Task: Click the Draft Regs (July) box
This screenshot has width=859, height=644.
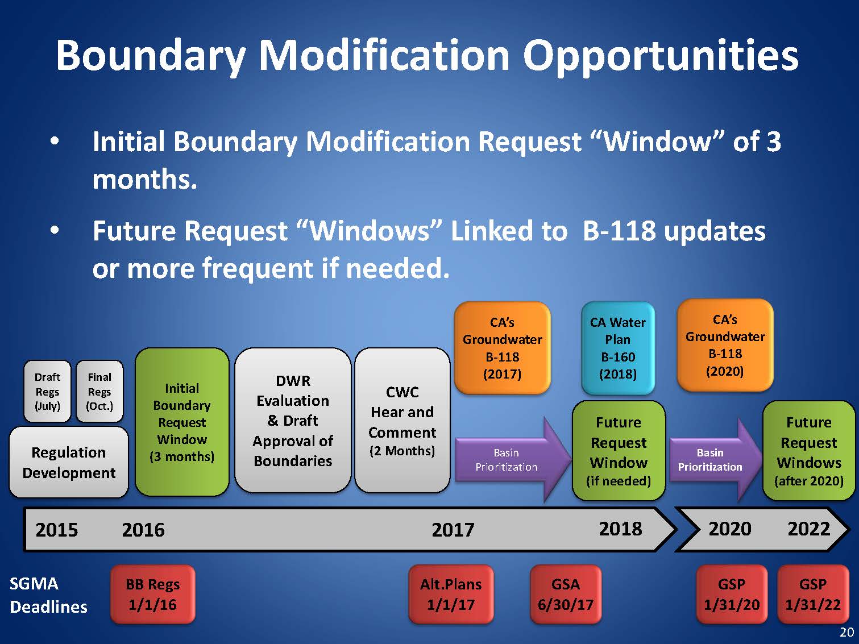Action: [x=47, y=391]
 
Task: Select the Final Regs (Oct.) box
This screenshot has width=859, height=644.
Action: [x=99, y=391]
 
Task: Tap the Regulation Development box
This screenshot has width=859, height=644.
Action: [x=69, y=462]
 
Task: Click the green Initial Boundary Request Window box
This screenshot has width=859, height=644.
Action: [x=182, y=422]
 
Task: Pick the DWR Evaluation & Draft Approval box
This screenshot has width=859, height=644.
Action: [x=293, y=420]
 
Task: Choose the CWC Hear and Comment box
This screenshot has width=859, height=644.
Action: [x=402, y=420]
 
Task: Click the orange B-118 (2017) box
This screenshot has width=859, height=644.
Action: [x=502, y=347]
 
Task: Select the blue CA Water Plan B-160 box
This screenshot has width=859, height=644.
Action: [x=618, y=347]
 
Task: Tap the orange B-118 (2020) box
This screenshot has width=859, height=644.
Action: [x=725, y=345]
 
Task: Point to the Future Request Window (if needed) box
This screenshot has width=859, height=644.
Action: [x=619, y=451]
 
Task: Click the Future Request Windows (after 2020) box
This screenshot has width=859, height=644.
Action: [x=809, y=451]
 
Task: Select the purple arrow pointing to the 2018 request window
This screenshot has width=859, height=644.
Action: [x=513, y=459]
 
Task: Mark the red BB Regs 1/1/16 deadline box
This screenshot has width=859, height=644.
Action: [x=152, y=595]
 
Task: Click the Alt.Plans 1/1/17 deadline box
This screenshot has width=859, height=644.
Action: [x=451, y=595]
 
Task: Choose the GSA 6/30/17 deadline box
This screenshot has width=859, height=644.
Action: [x=566, y=595]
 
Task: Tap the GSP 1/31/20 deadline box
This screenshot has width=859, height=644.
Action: [x=732, y=595]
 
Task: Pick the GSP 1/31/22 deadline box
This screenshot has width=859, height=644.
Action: [x=813, y=595]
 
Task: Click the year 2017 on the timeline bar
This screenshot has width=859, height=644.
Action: [x=453, y=530]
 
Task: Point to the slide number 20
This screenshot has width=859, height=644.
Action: [x=847, y=632]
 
